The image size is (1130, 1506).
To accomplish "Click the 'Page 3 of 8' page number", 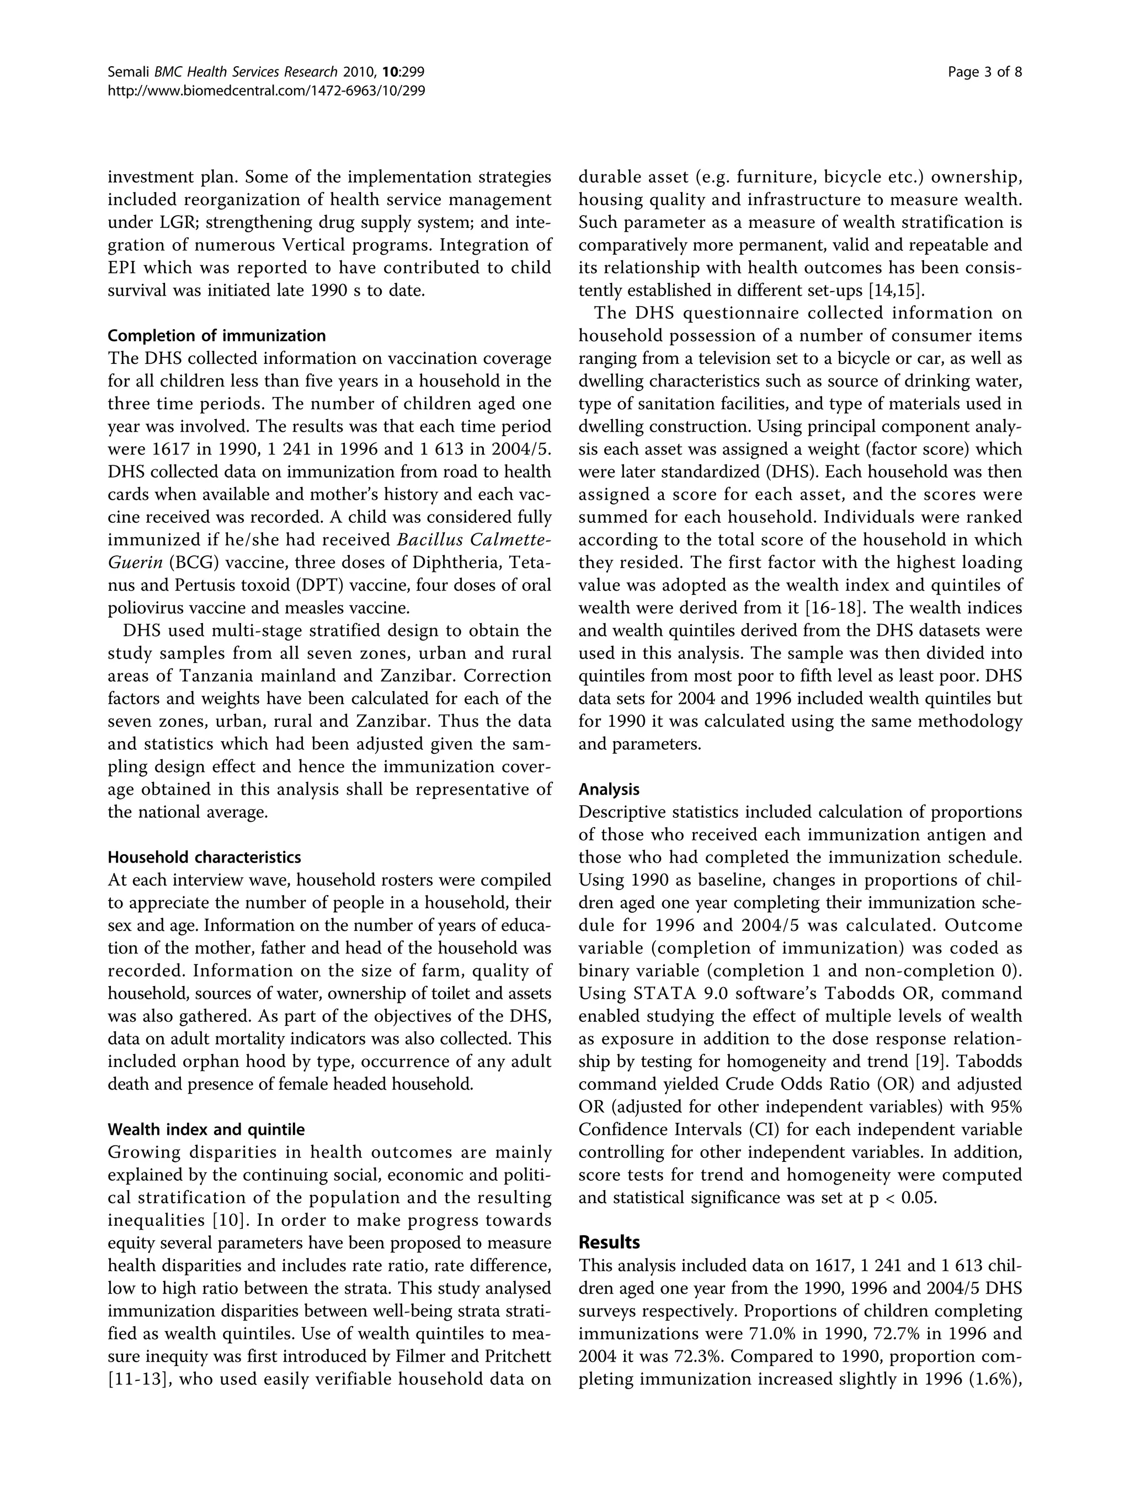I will [x=984, y=72].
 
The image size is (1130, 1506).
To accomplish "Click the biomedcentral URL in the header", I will [x=266, y=90].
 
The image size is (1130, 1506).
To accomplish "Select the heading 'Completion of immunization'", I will [x=217, y=336].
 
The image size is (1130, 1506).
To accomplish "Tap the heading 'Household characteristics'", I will [x=204, y=856].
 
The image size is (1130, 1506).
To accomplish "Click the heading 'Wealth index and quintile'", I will [x=206, y=1129].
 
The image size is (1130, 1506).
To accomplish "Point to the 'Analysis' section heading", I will [x=609, y=789].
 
